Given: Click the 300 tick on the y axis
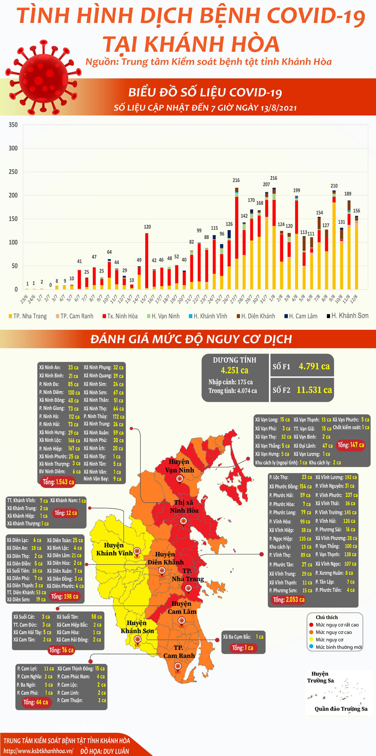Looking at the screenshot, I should click(13, 148).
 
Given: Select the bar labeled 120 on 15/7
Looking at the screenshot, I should click(147, 261).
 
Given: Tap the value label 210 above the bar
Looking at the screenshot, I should click(334, 186).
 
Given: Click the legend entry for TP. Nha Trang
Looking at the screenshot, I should click(28, 316).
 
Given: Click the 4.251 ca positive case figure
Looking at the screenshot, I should click(234, 370).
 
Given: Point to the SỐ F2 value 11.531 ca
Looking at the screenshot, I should click(314, 390).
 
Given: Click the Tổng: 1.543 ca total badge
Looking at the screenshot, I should click(58, 482).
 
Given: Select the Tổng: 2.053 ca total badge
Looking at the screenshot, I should click(289, 600).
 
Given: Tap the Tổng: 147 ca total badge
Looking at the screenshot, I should click(351, 445).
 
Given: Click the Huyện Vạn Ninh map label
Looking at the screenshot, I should click(179, 465).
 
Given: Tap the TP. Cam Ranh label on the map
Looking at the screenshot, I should click(179, 652).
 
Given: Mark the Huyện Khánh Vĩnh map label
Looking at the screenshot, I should click(114, 549).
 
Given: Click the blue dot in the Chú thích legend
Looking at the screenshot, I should click(311, 647).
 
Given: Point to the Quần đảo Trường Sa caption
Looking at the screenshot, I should click(341, 709).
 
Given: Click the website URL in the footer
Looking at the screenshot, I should click(38, 751).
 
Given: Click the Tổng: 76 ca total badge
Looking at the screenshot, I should click(61, 650).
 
